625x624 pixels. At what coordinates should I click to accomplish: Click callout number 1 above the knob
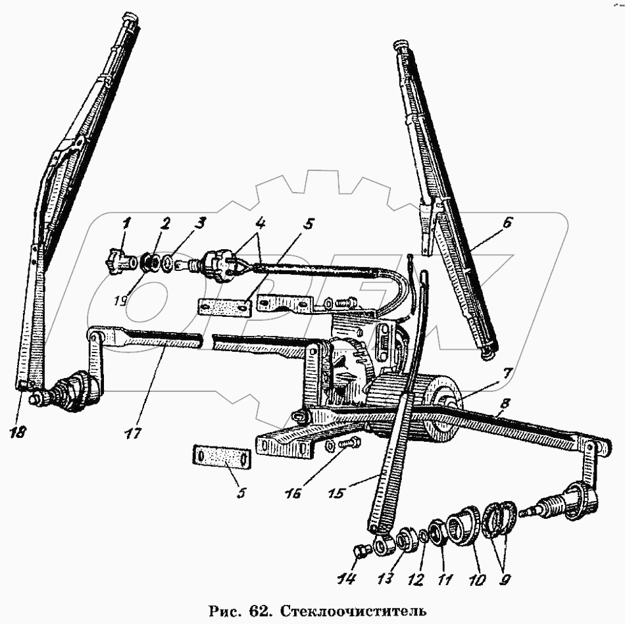coord(127,222)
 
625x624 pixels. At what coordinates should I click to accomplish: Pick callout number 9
coord(505,580)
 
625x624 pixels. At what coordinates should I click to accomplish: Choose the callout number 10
coord(476,580)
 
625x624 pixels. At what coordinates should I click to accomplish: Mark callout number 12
coord(413,579)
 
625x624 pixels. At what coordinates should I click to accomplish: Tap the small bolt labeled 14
coord(361,550)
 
